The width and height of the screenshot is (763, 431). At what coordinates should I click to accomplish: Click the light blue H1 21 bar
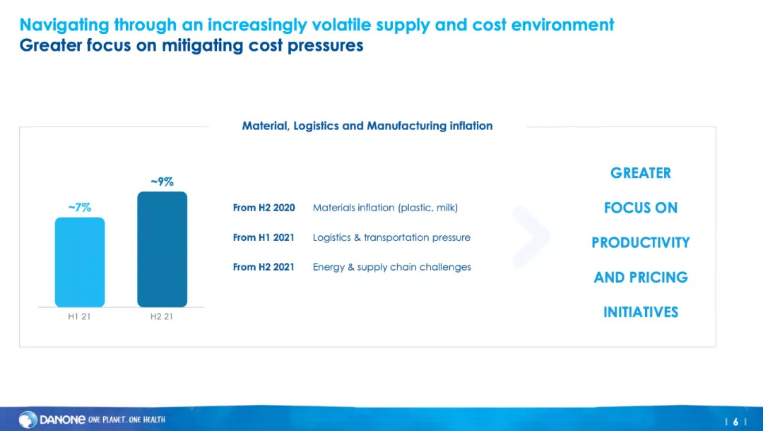point(80,262)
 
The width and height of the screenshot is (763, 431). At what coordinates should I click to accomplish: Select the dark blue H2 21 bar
point(162,249)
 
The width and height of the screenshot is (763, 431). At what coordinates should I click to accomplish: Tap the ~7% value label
point(80,208)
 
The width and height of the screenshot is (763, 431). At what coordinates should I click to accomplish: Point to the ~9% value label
point(162,182)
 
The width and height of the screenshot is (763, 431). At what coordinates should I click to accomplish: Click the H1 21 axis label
point(79,317)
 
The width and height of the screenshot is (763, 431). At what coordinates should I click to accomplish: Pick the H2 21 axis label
point(162,317)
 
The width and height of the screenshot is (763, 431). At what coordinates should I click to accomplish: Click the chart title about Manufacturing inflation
point(367,126)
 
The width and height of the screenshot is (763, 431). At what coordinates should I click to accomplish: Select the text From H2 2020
point(264,208)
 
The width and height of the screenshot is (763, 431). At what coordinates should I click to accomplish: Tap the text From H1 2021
point(264,237)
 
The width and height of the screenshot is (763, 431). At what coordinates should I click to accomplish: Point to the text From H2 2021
point(264,267)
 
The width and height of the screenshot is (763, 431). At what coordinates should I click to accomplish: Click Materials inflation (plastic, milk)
point(386,208)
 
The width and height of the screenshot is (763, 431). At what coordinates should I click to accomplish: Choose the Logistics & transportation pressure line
point(391,237)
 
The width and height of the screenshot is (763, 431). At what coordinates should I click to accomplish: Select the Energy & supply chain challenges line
point(391,267)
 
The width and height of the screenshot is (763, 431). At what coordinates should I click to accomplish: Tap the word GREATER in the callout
point(641,173)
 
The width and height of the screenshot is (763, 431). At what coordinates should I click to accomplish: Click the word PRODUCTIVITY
point(641,243)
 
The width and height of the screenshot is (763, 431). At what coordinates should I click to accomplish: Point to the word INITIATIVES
point(641,312)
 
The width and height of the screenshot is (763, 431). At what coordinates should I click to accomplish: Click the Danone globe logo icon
point(28,420)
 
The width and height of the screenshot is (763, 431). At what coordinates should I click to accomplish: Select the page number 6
point(735,422)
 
